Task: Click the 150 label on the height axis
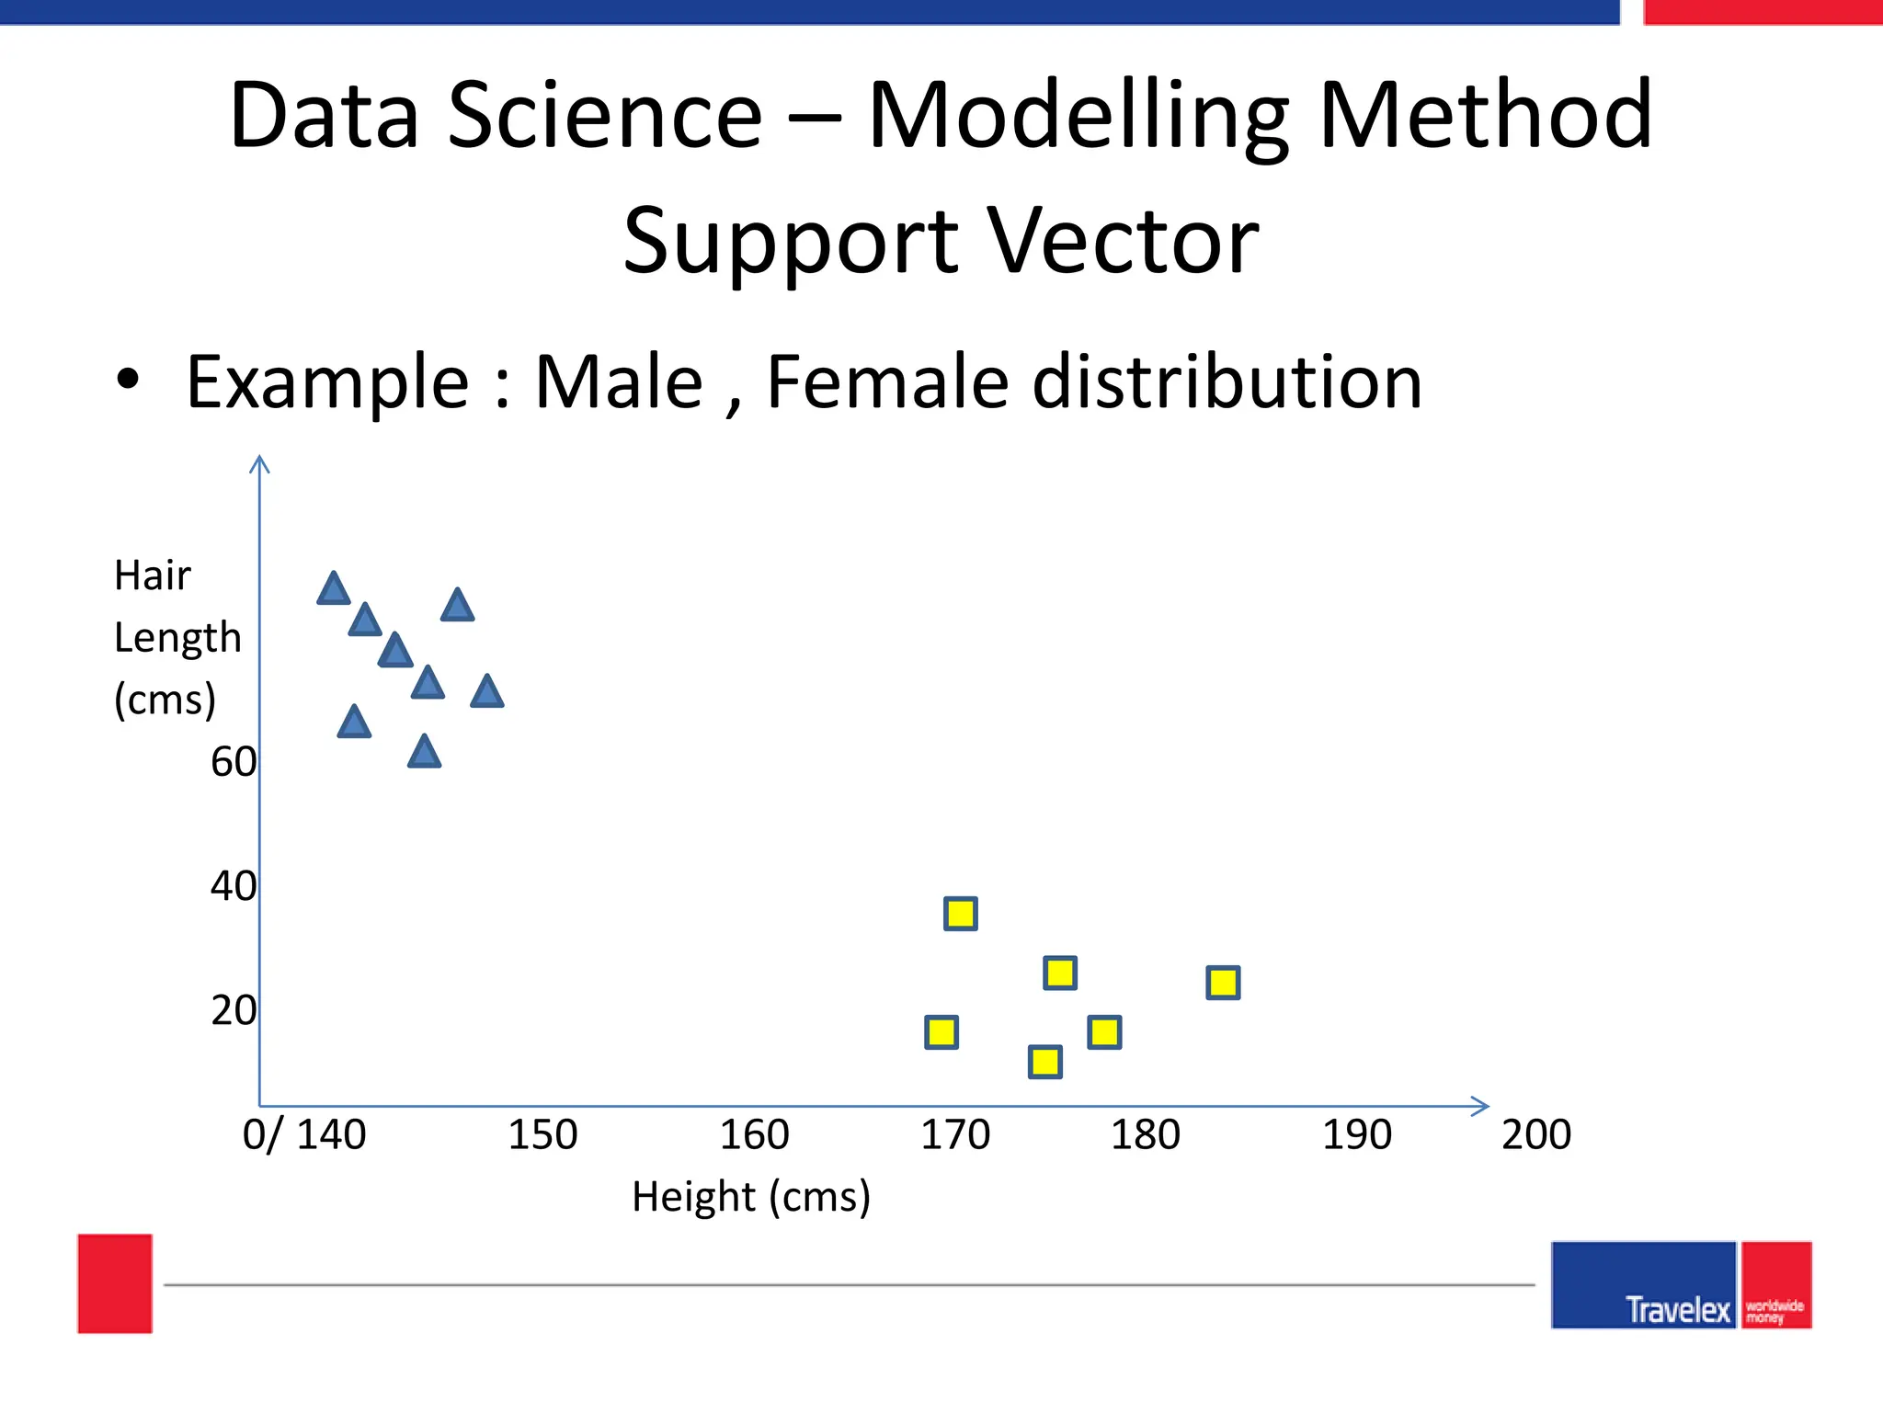click(x=542, y=1134)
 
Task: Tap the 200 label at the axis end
click(x=1535, y=1134)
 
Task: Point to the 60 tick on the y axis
click(x=234, y=762)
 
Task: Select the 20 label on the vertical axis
click(x=234, y=1010)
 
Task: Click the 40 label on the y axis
click(x=234, y=886)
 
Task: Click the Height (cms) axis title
click(x=750, y=1197)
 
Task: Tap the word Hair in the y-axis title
click(x=152, y=576)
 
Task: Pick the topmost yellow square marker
click(x=961, y=914)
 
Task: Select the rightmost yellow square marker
click(x=1223, y=983)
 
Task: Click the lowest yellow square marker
click(x=1045, y=1062)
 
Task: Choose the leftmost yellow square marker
click(x=941, y=1032)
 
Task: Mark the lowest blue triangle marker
click(x=424, y=753)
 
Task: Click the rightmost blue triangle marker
click(x=487, y=692)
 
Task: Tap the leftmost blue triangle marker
click(x=334, y=589)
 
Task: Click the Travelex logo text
click(x=1677, y=1309)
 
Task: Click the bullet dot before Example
click(x=128, y=380)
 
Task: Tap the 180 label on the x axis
click(x=1145, y=1134)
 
